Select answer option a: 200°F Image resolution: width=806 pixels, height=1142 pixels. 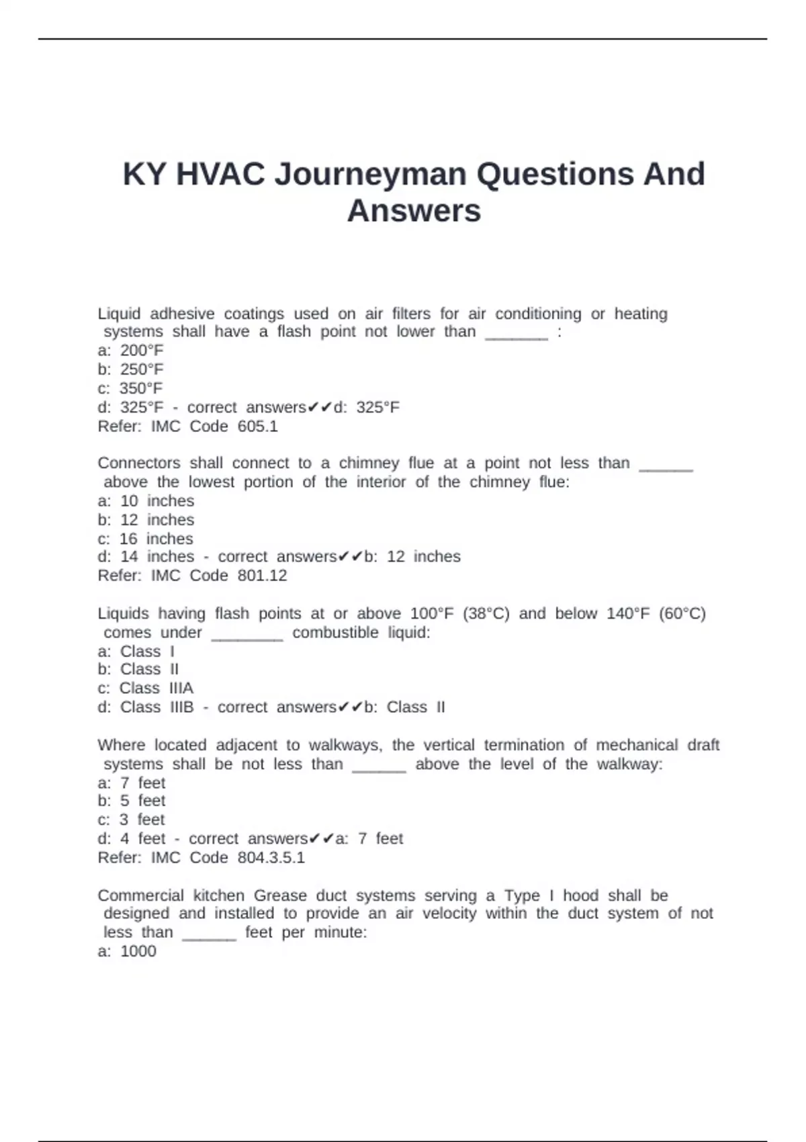[x=130, y=351]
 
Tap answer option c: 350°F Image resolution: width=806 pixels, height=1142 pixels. [x=130, y=388]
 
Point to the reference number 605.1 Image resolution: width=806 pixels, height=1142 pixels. [x=257, y=427]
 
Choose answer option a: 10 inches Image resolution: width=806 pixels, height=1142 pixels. [x=146, y=501]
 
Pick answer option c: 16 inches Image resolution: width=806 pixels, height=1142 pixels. [x=146, y=539]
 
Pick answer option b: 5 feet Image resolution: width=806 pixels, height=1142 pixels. [x=132, y=801]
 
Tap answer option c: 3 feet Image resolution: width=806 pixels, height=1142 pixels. [x=132, y=820]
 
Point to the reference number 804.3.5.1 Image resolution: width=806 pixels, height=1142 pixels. [x=271, y=858]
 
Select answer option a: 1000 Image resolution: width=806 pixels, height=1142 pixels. [x=127, y=951]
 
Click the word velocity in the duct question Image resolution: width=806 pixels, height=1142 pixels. [x=449, y=914]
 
